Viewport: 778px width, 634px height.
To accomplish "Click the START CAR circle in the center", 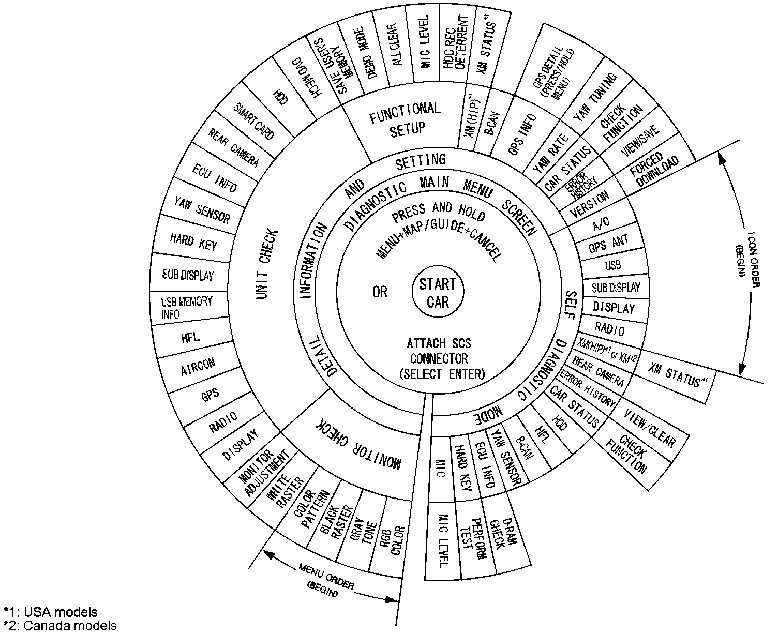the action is click(x=438, y=293).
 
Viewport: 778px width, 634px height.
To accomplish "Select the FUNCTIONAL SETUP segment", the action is click(x=405, y=119).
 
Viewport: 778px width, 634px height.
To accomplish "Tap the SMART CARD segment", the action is click(x=253, y=121).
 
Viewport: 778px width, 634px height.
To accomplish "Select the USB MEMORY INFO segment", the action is click(x=186, y=308).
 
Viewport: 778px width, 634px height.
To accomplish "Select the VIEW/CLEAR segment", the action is click(x=650, y=427).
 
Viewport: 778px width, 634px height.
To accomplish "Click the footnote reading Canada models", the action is click(x=59, y=626).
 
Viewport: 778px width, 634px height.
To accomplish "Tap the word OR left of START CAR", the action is click(x=380, y=292).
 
